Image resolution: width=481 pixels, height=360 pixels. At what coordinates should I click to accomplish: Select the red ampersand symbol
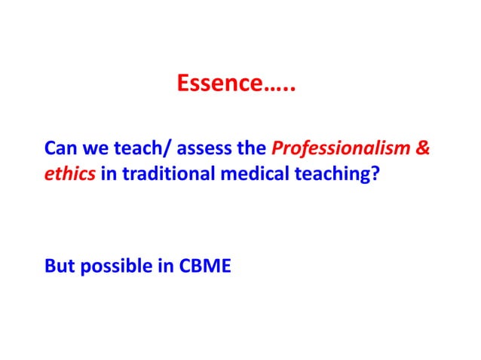[424, 148]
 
